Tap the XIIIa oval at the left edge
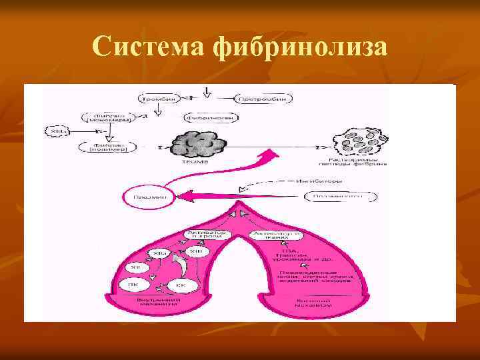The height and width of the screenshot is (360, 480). coord(57,131)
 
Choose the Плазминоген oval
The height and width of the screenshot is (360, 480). coord(340,197)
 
